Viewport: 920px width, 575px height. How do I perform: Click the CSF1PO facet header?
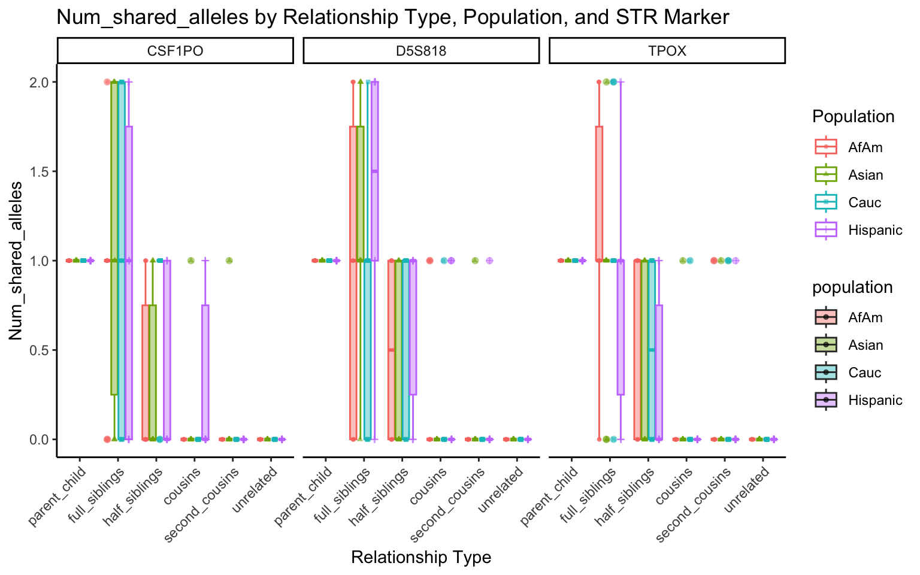pos(175,51)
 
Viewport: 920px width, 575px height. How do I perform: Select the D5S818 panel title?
pos(421,51)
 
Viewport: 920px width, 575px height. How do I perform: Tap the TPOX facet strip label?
pos(667,51)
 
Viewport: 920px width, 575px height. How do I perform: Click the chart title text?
pos(392,17)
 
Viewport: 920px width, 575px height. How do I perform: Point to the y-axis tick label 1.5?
pos(39,171)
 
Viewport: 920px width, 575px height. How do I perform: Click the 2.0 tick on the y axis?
pos(39,82)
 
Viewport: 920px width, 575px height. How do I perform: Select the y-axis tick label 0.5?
pos(39,350)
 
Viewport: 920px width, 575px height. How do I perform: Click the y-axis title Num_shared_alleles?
pos(16,261)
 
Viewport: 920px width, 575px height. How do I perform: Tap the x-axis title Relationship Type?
pos(421,558)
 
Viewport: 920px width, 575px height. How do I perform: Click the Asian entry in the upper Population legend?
pos(865,175)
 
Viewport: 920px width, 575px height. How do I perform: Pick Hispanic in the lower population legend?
pos(874,400)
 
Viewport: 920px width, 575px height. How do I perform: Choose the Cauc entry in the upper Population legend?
pos(864,202)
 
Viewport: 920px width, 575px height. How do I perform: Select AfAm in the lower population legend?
pos(865,317)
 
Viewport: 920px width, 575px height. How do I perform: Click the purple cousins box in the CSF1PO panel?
pos(205,371)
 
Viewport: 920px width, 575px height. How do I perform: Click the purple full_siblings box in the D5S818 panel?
pos(375,171)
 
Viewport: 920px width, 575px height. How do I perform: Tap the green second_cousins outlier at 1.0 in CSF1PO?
pos(229,261)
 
